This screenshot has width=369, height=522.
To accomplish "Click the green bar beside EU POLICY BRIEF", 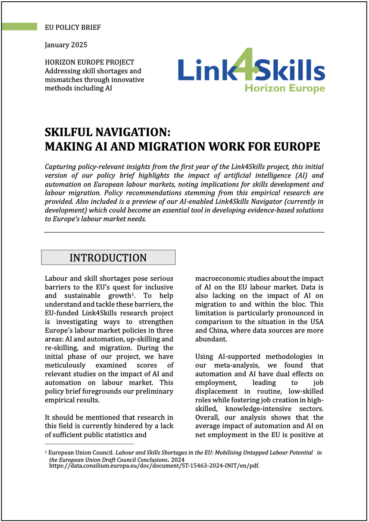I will pos(19,27).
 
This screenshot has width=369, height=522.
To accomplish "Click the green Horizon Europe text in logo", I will pos(284,89).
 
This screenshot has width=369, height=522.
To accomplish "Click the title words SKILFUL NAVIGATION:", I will pos(110,131).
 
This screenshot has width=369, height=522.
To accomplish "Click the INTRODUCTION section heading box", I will pos(108,258).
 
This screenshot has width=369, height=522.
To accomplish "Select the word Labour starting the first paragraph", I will pos(57,278).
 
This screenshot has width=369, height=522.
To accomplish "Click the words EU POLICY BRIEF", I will pos(73,27).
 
